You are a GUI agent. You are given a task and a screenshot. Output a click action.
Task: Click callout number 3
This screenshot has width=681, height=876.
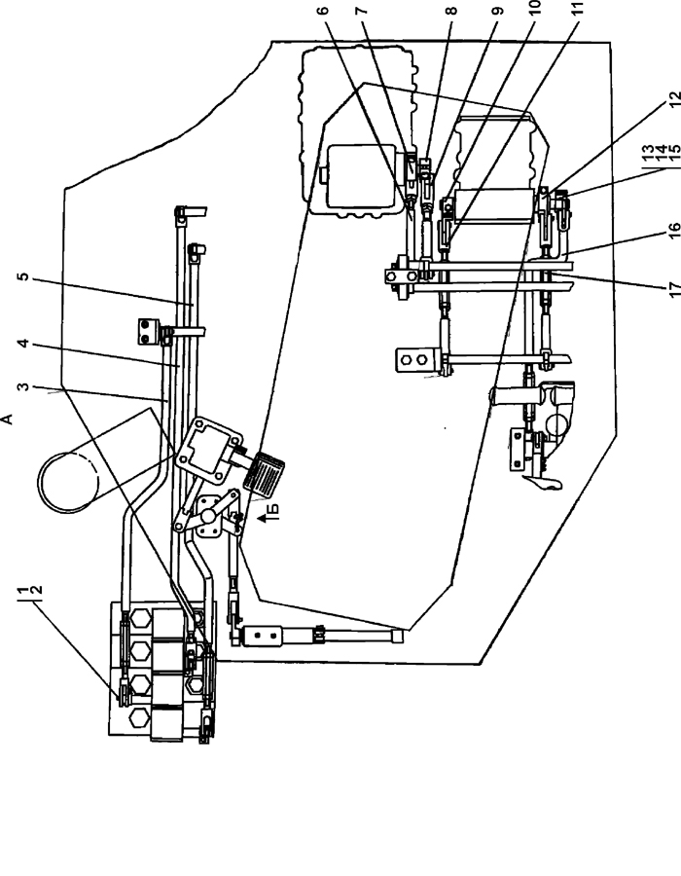(x=23, y=386)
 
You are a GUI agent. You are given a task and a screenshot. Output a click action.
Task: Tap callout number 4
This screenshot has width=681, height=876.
(x=23, y=344)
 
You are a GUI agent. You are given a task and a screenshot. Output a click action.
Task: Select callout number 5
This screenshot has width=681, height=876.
(x=23, y=276)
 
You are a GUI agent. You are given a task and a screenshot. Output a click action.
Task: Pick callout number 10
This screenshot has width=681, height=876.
(x=534, y=7)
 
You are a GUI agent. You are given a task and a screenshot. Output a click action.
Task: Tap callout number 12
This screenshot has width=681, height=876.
(x=675, y=97)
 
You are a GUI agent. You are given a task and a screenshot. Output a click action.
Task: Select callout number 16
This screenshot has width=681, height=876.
(x=674, y=230)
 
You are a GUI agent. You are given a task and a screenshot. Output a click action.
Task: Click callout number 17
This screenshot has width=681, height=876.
(x=675, y=288)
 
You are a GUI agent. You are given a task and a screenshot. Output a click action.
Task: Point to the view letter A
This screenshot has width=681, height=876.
(x=8, y=419)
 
